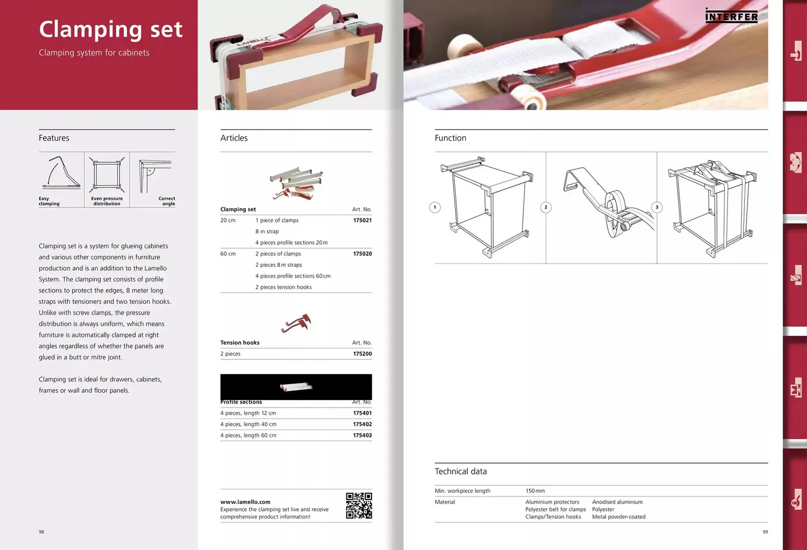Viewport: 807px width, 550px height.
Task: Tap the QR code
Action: click(x=359, y=505)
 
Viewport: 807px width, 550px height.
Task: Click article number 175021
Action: click(x=362, y=220)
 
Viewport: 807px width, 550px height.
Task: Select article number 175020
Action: click(x=362, y=254)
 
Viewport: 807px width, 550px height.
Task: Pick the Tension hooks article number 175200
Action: click(x=362, y=354)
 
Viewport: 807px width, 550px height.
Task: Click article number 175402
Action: click(x=362, y=424)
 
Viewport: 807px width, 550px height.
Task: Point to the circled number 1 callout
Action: click(x=435, y=207)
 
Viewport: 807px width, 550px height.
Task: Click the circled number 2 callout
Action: click(x=546, y=207)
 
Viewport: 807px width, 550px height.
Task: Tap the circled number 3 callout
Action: click(x=657, y=207)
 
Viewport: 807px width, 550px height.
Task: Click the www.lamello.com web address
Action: click(x=245, y=502)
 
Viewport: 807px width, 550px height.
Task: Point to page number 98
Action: click(x=41, y=532)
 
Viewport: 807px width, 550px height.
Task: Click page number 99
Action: click(x=765, y=532)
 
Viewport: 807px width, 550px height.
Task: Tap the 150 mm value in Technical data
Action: click(x=535, y=491)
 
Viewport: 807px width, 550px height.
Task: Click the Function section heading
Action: click(x=451, y=138)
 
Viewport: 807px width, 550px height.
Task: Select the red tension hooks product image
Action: click(x=296, y=323)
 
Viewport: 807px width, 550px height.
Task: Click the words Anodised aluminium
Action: click(x=617, y=502)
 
